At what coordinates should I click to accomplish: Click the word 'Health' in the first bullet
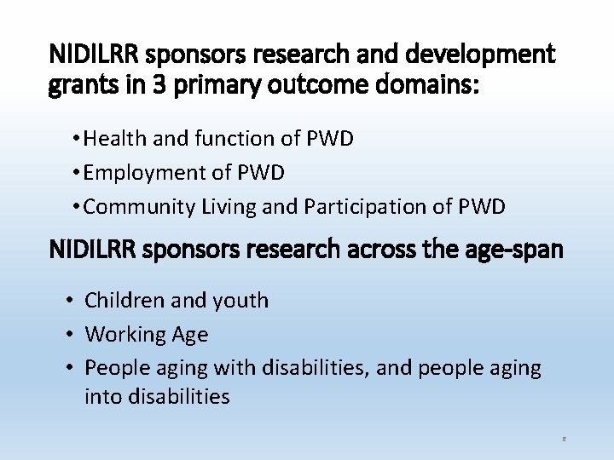[112, 139]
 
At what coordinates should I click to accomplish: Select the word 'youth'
[240, 301]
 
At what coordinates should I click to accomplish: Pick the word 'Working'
[125, 334]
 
